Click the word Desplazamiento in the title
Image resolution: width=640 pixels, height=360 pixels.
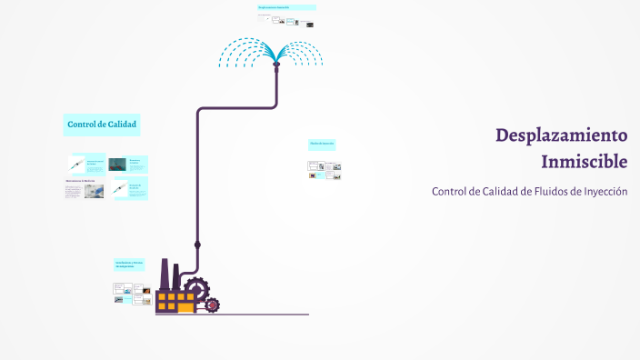pyautogui.click(x=561, y=135)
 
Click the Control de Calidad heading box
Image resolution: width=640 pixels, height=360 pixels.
pyautogui.click(x=102, y=124)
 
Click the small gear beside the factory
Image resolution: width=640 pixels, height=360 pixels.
pyautogui.click(x=212, y=305)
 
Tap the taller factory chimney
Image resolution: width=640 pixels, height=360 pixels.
pyautogui.click(x=165, y=274)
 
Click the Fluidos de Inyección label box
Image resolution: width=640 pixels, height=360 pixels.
pyautogui.click(x=322, y=144)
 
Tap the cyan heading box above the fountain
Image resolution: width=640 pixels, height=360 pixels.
pyautogui.click(x=286, y=7)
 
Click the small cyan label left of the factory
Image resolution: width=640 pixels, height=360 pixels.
pyautogui.click(x=129, y=264)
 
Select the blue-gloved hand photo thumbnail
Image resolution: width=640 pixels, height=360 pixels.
pyautogui.click(x=93, y=191)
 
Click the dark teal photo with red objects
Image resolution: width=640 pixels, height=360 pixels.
pyautogui.click(x=117, y=165)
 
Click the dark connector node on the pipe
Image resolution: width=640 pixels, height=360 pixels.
pyautogui.click(x=197, y=245)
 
